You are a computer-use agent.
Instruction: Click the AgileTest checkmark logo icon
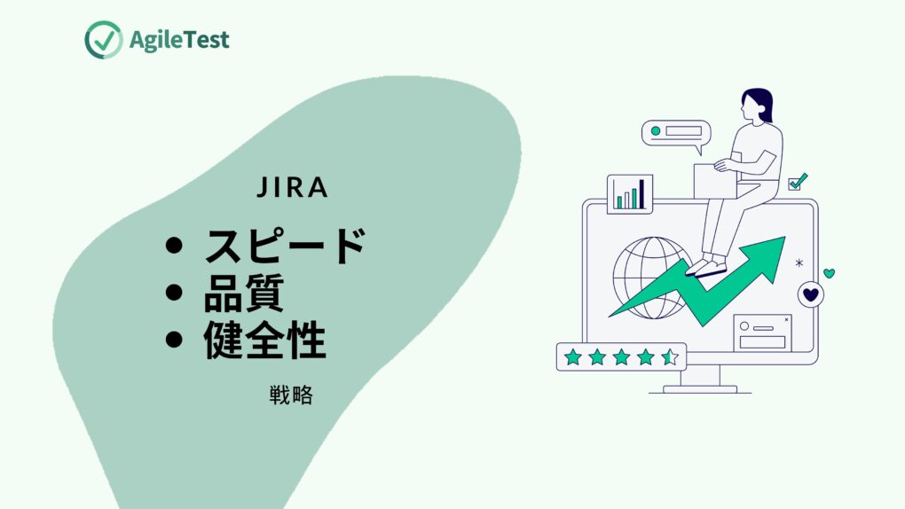click(103, 40)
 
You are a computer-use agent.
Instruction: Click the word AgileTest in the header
click(179, 40)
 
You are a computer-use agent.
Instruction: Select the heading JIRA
click(292, 188)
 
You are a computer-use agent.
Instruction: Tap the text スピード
click(285, 246)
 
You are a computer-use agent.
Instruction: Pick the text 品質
click(244, 293)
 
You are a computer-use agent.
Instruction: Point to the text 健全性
click(265, 340)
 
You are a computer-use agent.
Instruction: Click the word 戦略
click(292, 395)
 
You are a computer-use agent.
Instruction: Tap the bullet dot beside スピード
click(174, 246)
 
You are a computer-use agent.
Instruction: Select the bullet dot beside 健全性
click(174, 339)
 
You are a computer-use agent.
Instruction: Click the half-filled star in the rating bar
click(670, 357)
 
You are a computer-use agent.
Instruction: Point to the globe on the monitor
click(651, 278)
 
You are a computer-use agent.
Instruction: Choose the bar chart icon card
click(630, 194)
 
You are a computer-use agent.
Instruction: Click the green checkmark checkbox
click(797, 182)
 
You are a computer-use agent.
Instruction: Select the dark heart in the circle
click(811, 294)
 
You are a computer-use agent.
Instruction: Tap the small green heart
click(829, 273)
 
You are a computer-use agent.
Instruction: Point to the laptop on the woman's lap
click(714, 181)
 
